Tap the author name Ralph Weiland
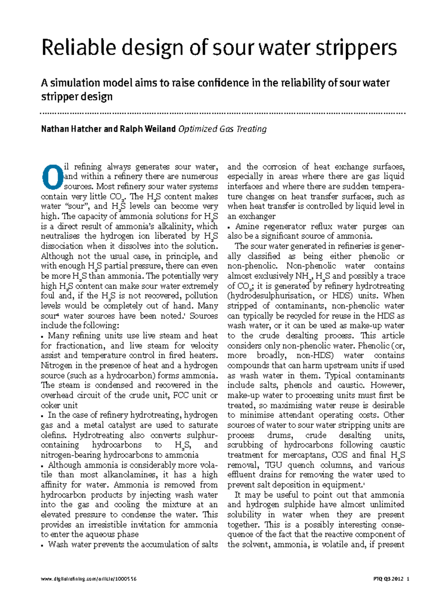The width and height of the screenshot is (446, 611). click(148, 129)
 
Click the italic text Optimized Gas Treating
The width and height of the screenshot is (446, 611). click(222, 129)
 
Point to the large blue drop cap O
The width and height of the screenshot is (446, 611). click(52, 177)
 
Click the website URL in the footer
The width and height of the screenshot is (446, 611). click(89, 579)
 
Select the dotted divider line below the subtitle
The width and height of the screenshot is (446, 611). click(223, 113)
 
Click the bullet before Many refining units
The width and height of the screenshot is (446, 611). click(43, 336)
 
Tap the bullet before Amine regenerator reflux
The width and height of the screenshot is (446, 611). click(229, 227)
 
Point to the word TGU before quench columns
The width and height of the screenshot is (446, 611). click(273, 465)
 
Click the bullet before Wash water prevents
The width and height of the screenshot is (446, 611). click(43, 545)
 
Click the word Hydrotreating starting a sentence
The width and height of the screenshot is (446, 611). click(98, 435)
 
